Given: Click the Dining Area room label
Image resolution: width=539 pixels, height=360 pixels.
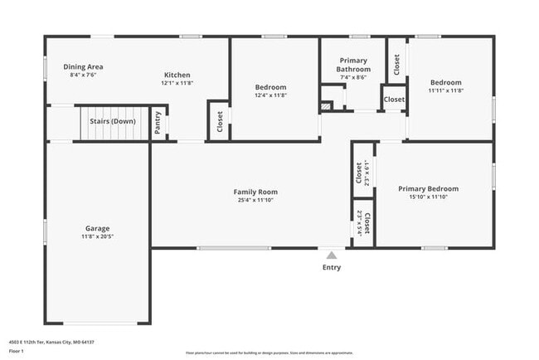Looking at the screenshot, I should pos(83,66).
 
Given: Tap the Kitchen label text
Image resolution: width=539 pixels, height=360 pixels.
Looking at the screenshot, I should pos(177,75).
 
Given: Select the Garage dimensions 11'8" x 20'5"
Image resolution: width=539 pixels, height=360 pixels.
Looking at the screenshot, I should pos(97,237).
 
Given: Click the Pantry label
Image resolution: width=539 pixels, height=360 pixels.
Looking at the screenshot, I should pos(158,123).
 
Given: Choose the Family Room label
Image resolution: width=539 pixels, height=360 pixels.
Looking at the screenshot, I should pos(255,192).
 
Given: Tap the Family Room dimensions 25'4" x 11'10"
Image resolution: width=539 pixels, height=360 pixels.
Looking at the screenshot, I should pos(255,200).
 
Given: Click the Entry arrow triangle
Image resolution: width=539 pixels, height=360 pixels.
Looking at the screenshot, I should pos(331,255).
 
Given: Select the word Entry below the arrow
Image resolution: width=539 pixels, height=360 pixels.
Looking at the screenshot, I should pos(331,267).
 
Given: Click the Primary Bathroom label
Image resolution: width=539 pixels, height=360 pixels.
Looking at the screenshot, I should pos(353,65).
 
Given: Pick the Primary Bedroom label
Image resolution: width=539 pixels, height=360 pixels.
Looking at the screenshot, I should pos(428,188).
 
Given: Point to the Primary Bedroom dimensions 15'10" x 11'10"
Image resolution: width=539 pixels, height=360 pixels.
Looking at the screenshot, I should pos(428,197).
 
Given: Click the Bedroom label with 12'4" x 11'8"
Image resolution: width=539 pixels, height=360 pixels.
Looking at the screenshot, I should pos(270,87).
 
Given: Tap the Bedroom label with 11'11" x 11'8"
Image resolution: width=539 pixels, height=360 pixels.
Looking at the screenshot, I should pos(445,82).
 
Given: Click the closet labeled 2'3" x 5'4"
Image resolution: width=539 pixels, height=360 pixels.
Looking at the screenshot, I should pos(362,221).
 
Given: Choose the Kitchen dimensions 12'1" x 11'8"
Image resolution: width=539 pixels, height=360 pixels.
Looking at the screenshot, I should pos(177,83).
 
